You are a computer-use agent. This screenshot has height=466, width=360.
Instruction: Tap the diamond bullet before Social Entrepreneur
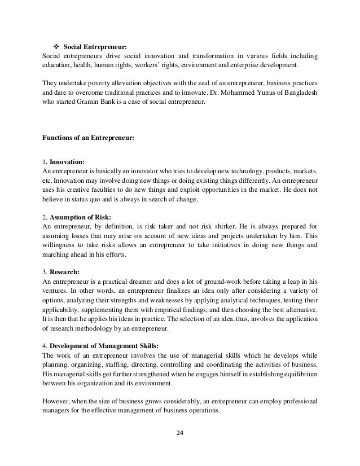(x=56, y=47)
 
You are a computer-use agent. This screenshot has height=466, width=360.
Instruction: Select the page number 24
(x=180, y=433)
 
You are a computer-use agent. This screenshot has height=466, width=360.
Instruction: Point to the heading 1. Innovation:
(x=64, y=161)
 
